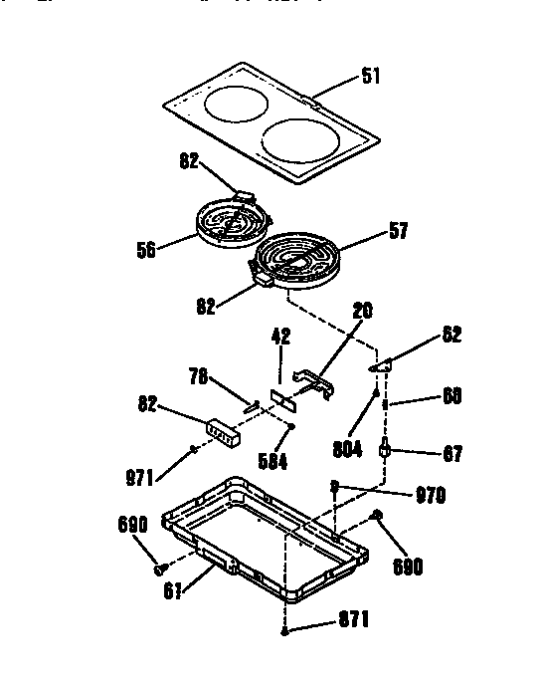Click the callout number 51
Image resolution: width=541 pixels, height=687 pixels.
pos(369,77)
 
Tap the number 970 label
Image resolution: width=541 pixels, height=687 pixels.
pos(430,494)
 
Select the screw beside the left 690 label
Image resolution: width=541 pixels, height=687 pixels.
pos(158,569)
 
